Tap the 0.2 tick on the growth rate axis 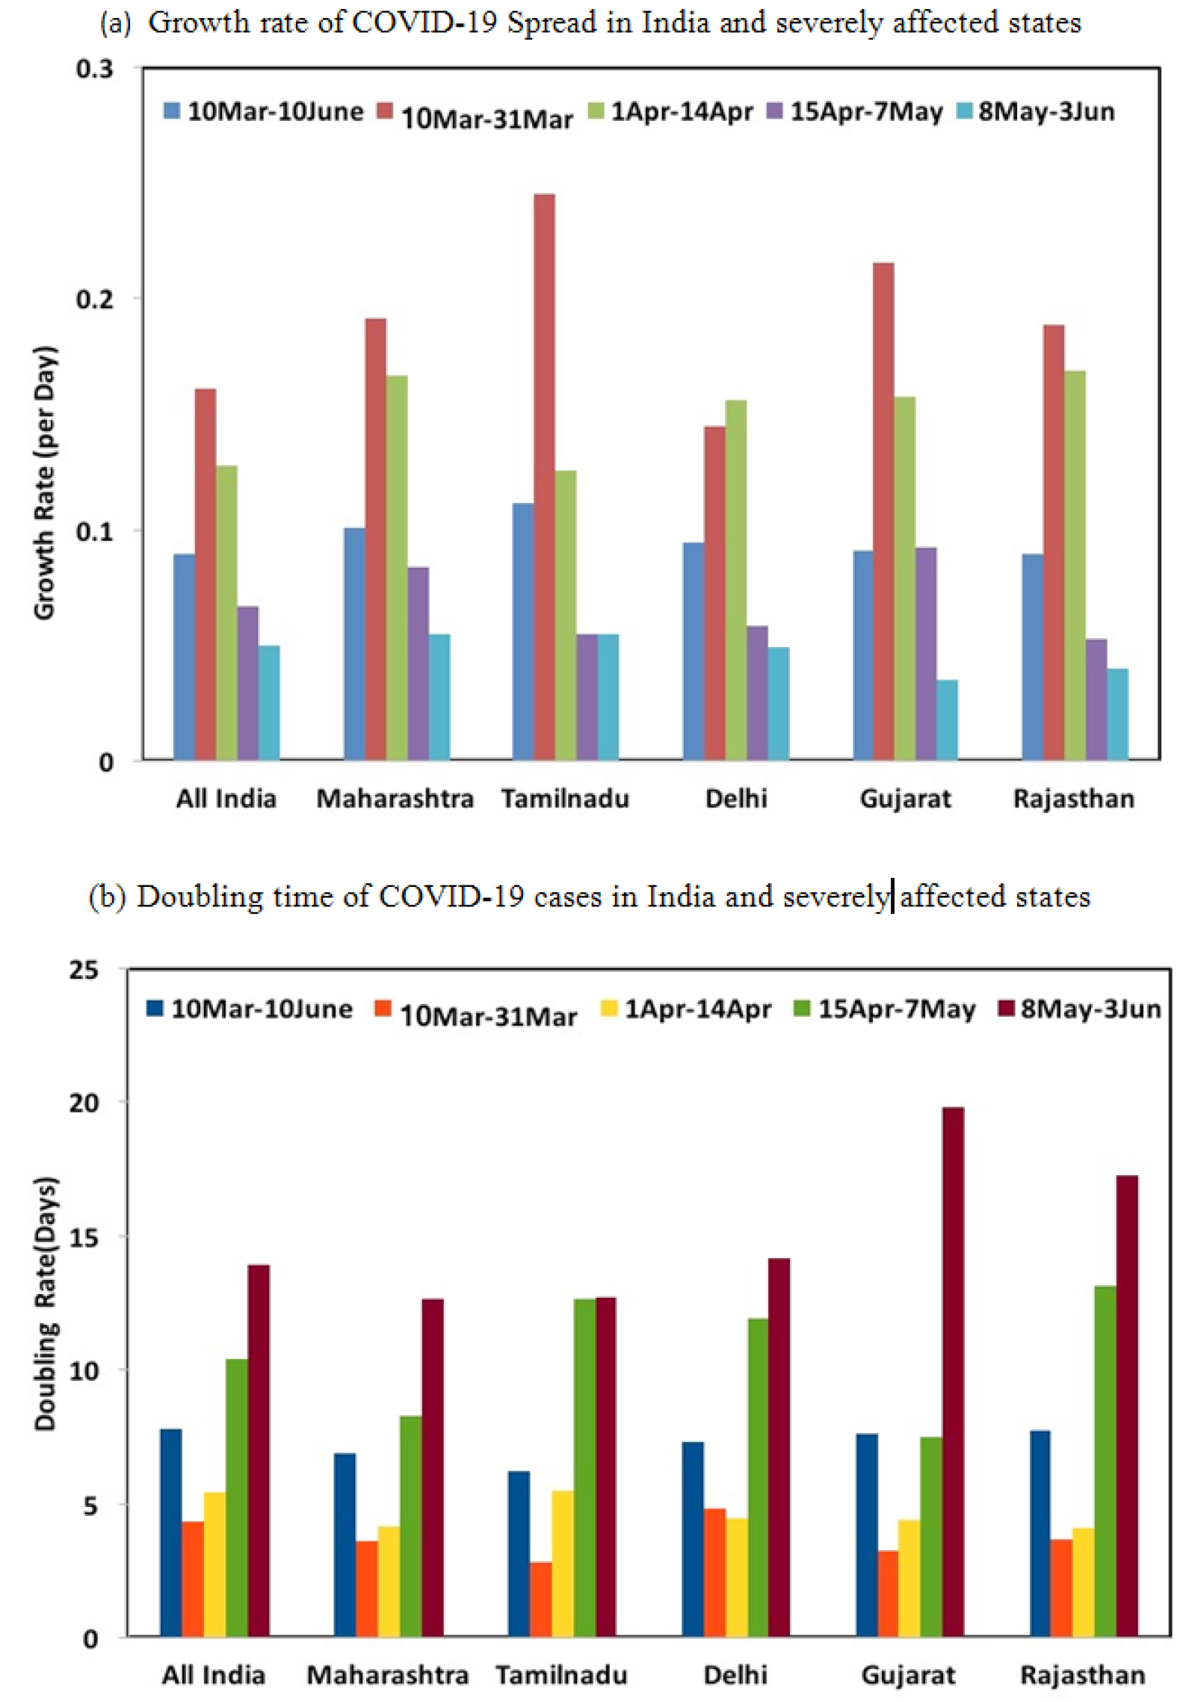click(95, 299)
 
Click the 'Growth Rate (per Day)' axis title click(45, 483)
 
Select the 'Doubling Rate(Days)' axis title click(45, 1304)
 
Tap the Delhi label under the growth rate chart click(736, 799)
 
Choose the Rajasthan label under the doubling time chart click(1082, 1675)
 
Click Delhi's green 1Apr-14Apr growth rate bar click(736, 580)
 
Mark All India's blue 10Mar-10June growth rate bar click(184, 657)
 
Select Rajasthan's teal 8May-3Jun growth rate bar click(1118, 714)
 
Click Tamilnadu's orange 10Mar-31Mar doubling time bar click(541, 1598)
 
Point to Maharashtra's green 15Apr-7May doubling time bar click(410, 1526)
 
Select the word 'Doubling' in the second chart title click(200, 896)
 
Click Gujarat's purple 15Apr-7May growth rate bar click(926, 654)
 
